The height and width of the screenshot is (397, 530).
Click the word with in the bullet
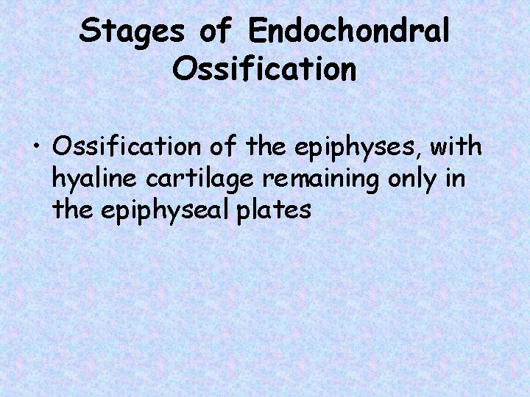point(456,146)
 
